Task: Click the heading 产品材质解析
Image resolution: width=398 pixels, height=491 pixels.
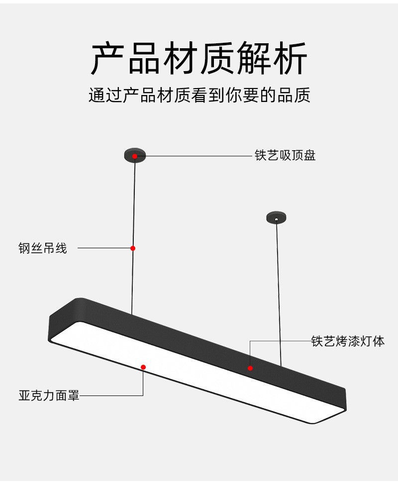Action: pyautogui.click(x=199, y=59)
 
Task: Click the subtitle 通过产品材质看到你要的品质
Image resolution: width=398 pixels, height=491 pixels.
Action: pyautogui.click(x=199, y=95)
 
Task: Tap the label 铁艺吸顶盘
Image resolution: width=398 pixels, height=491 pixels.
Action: pyautogui.click(x=285, y=156)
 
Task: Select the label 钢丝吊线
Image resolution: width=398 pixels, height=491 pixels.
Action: pyautogui.click(x=42, y=248)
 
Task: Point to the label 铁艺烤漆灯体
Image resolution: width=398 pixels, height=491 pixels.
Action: pyautogui.click(x=348, y=341)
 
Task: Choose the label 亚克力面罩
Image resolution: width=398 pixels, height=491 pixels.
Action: pyautogui.click(x=49, y=396)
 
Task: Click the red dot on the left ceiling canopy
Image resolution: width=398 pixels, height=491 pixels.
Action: pyautogui.click(x=134, y=156)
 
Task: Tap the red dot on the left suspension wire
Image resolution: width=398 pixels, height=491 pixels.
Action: pyautogui.click(x=133, y=248)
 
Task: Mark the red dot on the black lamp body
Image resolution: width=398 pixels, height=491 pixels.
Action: pyautogui.click(x=250, y=368)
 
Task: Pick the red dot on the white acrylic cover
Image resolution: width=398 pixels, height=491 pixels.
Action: pyautogui.click(x=143, y=367)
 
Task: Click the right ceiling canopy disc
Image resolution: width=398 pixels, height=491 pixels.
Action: pyautogui.click(x=276, y=217)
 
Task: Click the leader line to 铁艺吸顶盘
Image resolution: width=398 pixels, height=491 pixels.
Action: pyautogui.click(x=199, y=156)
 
